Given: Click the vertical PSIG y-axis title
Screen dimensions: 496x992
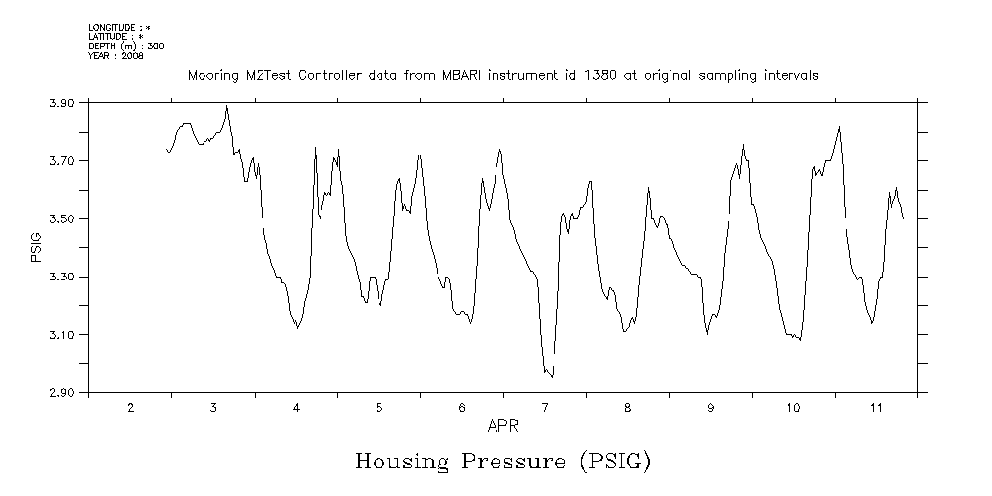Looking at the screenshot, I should [x=36, y=248].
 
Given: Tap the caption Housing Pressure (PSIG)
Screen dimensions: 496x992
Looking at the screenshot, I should [x=502, y=461].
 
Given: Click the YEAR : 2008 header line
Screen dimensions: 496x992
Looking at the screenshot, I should [x=116, y=55].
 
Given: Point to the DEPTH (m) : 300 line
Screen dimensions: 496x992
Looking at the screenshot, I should [x=127, y=45].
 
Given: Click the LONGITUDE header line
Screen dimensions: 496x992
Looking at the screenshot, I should [x=120, y=27].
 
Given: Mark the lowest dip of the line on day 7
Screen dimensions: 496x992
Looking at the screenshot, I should [x=552, y=377].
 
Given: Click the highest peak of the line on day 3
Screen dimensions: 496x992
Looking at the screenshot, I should [x=227, y=106].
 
